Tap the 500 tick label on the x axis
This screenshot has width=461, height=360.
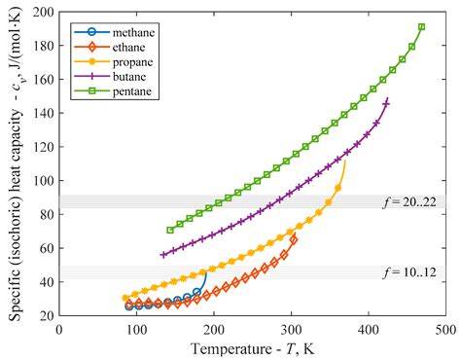(x=445, y=330)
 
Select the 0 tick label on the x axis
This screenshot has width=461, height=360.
(x=59, y=330)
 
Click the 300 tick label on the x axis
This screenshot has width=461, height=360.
(x=291, y=330)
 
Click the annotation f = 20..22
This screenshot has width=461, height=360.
(x=415, y=202)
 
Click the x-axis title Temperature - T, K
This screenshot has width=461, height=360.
(x=252, y=347)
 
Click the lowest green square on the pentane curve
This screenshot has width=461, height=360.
(x=170, y=231)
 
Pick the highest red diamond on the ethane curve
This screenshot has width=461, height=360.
(x=294, y=238)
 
